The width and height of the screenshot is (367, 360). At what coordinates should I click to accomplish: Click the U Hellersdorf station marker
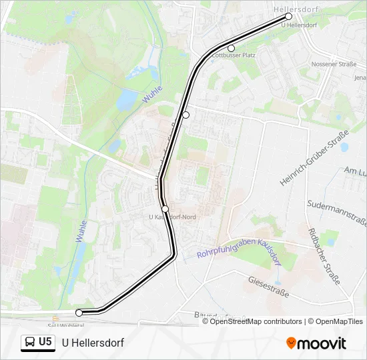(x=289, y=16)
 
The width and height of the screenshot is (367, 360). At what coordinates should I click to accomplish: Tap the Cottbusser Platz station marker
(x=232, y=48)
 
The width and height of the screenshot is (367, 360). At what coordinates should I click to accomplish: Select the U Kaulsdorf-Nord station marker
(x=165, y=209)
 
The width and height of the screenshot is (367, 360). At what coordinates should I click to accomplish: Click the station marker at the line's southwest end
(x=79, y=313)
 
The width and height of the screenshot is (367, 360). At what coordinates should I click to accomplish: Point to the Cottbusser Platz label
(x=234, y=55)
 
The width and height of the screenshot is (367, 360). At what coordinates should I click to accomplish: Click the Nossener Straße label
(x=333, y=65)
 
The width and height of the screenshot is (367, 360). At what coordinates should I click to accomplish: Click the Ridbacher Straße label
(x=324, y=255)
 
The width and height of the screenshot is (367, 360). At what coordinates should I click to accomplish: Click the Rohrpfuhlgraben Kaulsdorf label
(x=239, y=249)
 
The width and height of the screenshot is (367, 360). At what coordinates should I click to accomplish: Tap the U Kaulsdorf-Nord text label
(x=172, y=217)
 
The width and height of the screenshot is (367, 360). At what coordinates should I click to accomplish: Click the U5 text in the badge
(x=45, y=342)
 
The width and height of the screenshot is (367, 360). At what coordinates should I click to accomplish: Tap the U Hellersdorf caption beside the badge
(x=93, y=343)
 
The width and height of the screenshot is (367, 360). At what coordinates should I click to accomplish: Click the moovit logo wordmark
(x=322, y=343)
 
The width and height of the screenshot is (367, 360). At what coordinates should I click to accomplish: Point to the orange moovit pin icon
(x=292, y=343)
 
